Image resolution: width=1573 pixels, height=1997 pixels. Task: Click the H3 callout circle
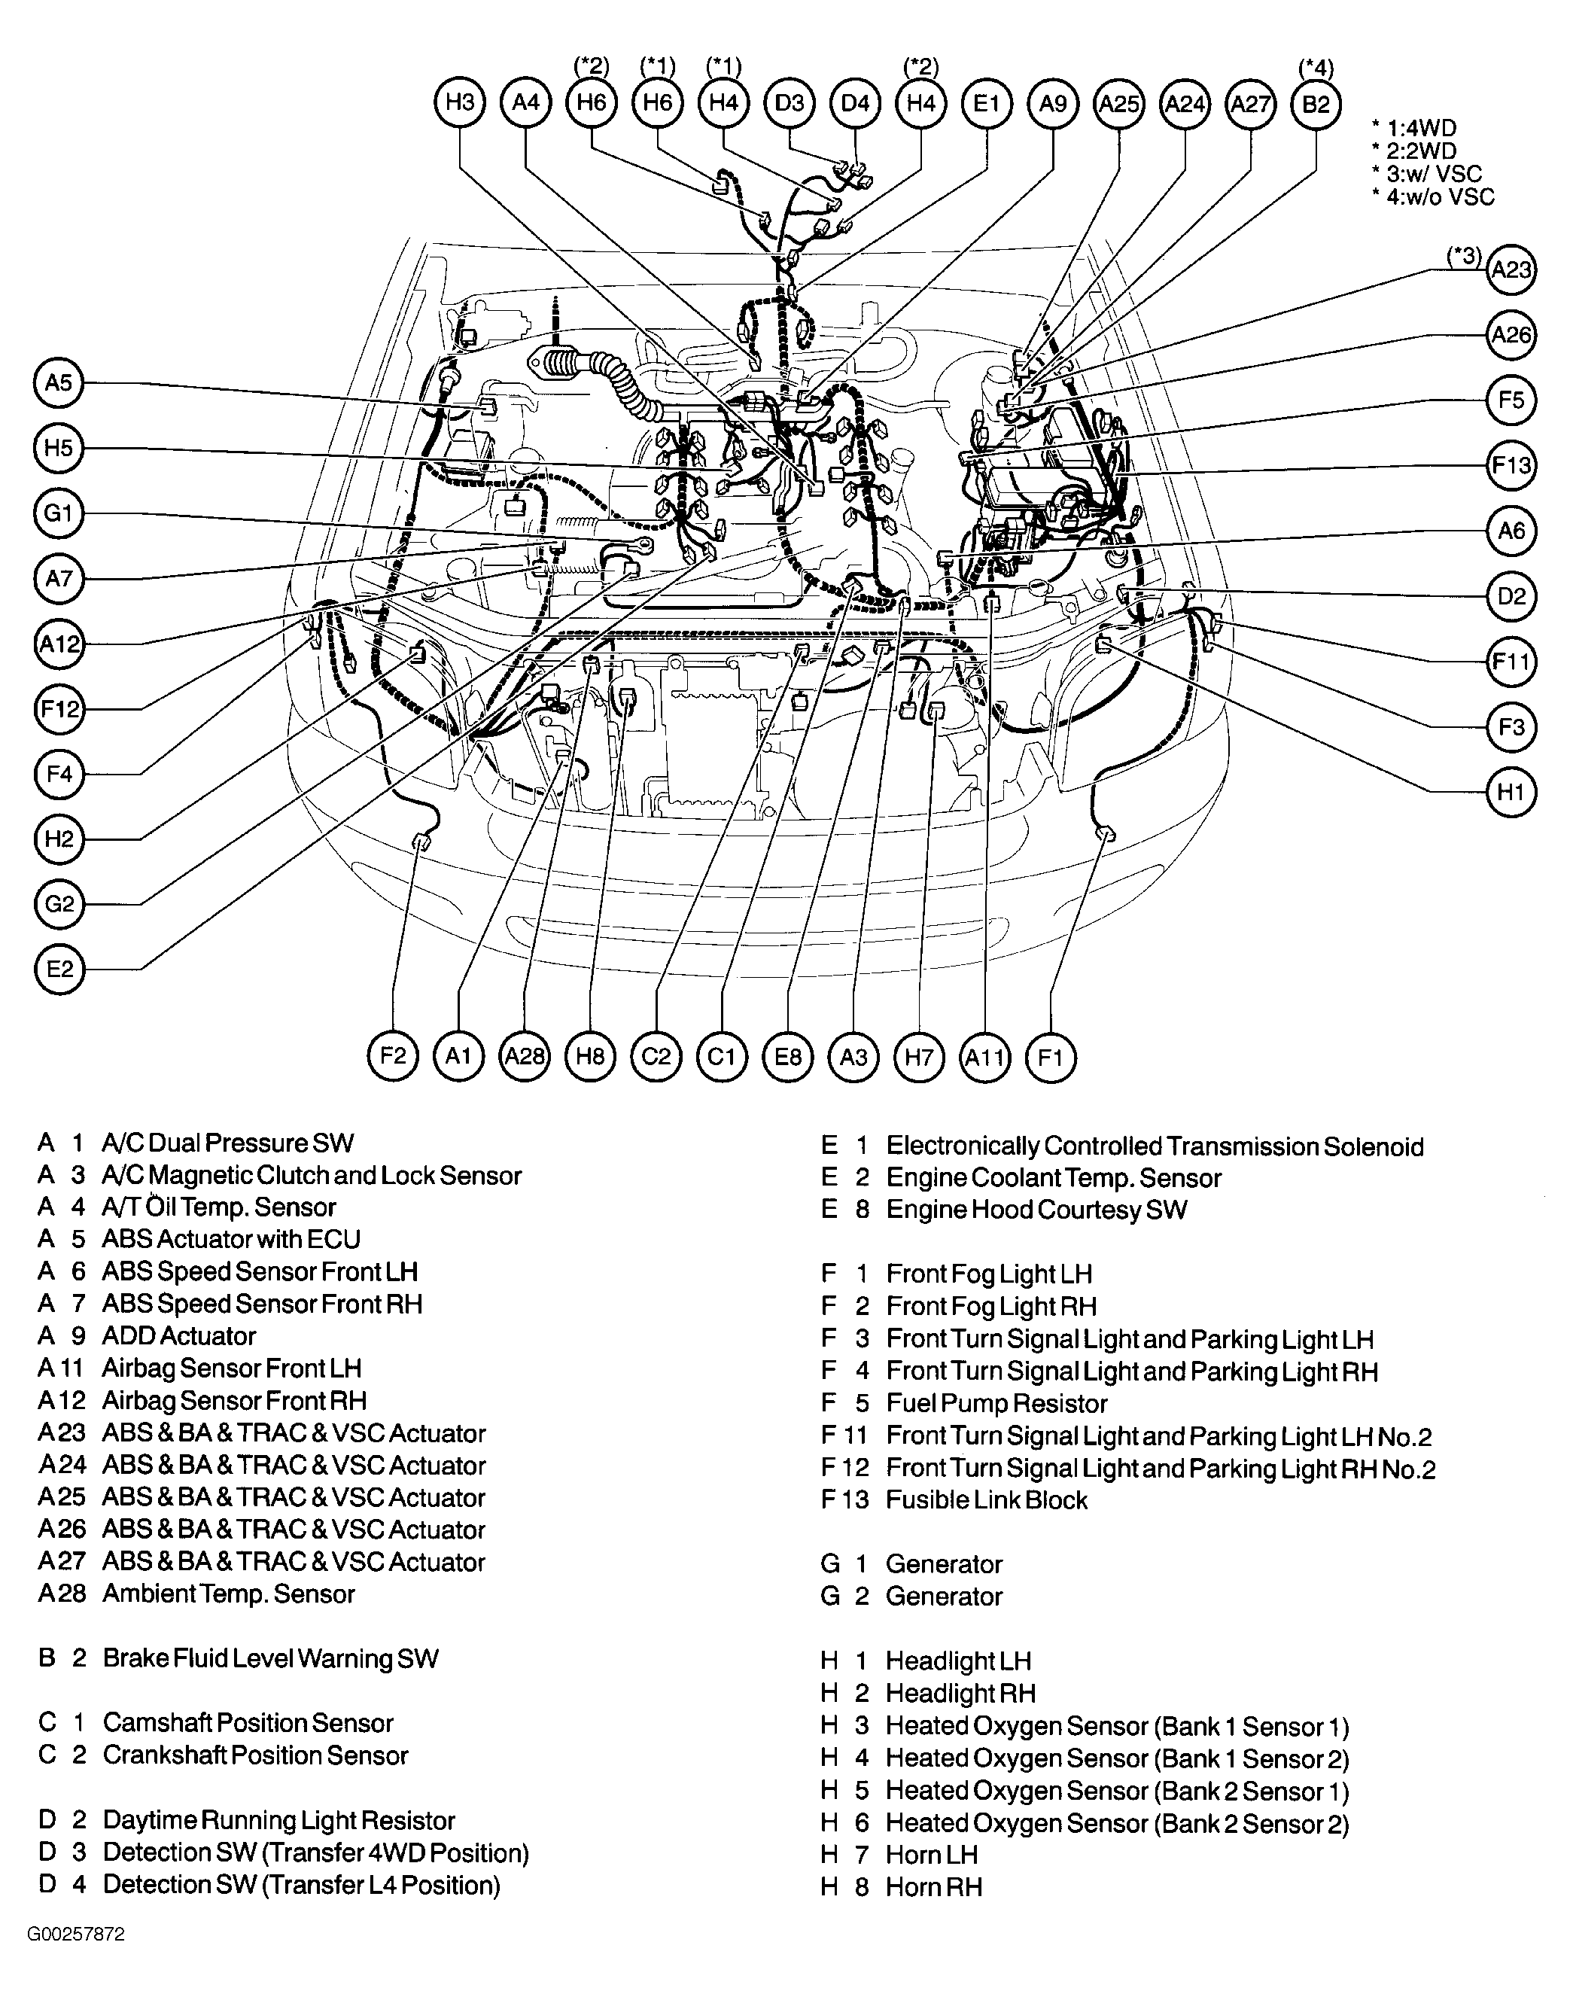click(x=460, y=102)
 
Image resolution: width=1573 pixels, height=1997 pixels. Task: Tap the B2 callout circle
click(x=1316, y=104)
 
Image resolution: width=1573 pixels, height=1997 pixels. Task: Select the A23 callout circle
click(x=1511, y=270)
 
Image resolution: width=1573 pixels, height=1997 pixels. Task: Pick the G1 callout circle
click(x=59, y=513)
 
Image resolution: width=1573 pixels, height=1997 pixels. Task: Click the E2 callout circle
click(x=59, y=969)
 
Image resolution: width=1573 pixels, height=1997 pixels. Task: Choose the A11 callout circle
click(x=984, y=1057)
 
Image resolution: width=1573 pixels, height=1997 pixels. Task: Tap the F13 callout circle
click(x=1511, y=465)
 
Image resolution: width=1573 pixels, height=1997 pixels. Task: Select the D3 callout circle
click(x=790, y=103)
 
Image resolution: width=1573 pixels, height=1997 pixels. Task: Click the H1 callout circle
click(x=1511, y=792)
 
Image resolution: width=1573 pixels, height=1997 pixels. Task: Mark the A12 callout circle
click(x=59, y=644)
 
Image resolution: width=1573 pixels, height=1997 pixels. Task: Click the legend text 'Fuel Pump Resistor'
click(x=996, y=1404)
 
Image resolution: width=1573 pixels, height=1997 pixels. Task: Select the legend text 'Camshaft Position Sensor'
click(x=248, y=1724)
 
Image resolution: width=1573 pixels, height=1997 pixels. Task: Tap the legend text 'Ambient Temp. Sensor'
click(x=228, y=1594)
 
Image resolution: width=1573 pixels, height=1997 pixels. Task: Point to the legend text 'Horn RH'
click(x=934, y=1887)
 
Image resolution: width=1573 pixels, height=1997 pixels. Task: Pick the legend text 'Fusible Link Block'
click(x=987, y=1500)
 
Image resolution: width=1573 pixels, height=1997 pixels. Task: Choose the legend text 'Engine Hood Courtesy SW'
click(x=1036, y=1210)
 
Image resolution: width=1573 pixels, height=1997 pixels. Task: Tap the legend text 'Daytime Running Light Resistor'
click(x=278, y=1821)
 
